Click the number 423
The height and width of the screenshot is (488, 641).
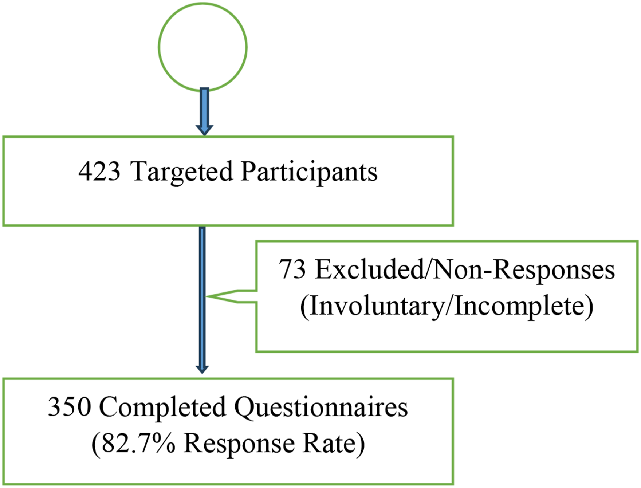[x=99, y=171]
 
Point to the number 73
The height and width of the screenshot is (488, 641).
[x=292, y=269]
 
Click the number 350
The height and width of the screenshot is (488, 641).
[x=69, y=407]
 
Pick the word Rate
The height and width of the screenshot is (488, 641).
[x=330, y=444]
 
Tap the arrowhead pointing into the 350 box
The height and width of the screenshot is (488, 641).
[x=202, y=369]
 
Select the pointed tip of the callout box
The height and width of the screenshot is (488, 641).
[x=206, y=296]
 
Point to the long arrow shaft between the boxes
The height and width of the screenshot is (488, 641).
[x=202, y=295]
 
